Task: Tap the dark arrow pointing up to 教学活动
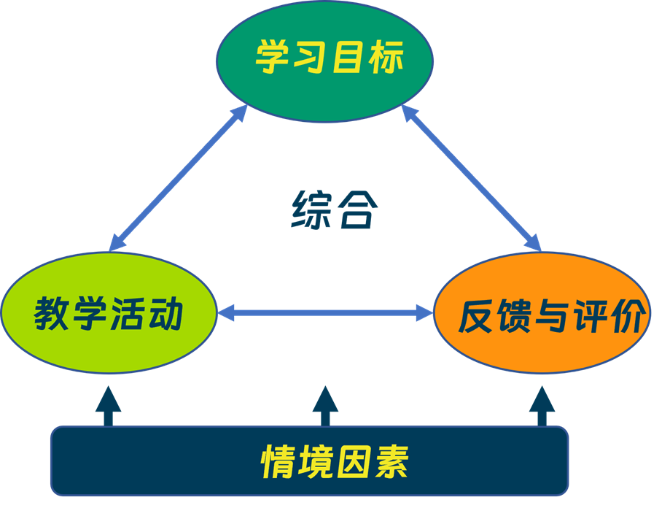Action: click(109, 405)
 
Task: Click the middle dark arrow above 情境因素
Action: click(325, 405)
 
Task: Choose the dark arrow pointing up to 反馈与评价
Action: click(542, 405)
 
